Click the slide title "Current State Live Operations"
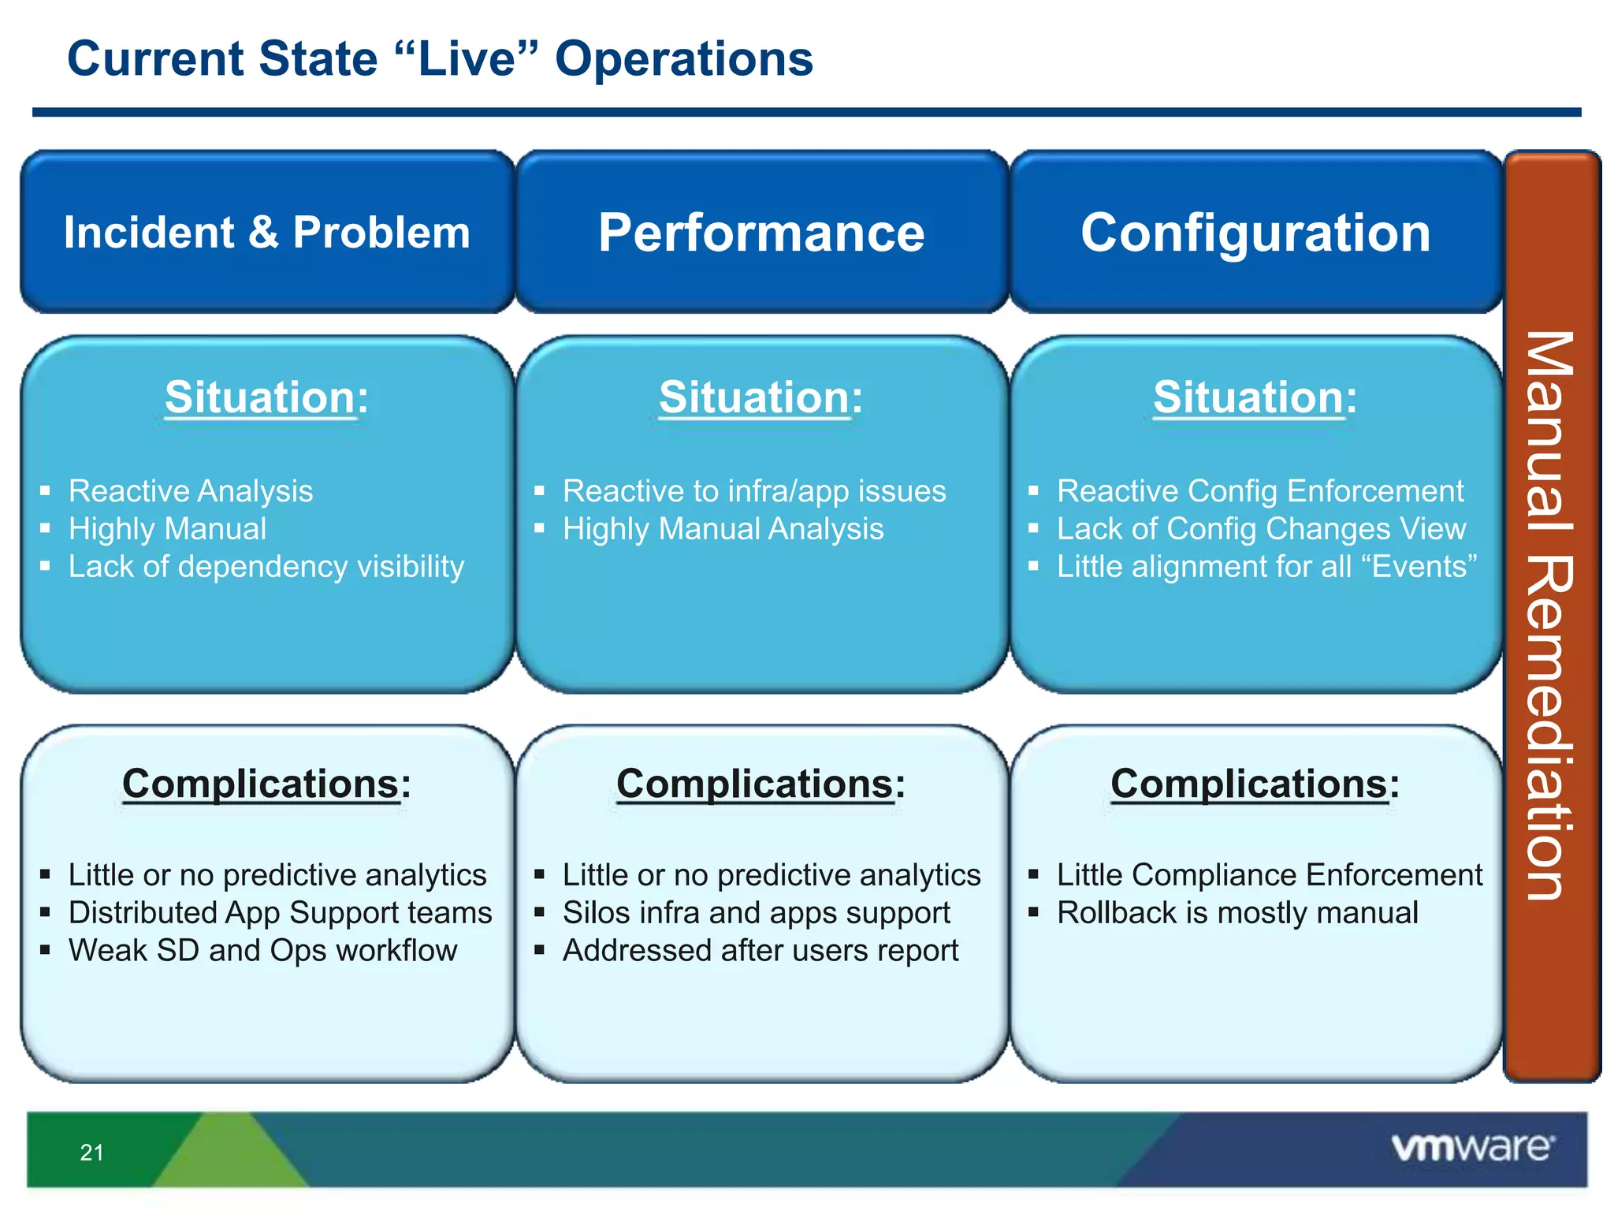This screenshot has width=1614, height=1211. (x=440, y=59)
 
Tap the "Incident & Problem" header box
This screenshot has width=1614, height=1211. (x=267, y=233)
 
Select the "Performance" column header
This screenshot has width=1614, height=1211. (x=761, y=233)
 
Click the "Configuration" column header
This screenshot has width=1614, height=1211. (x=1255, y=233)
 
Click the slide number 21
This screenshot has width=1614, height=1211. (x=91, y=1153)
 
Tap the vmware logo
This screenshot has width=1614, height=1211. (x=1472, y=1147)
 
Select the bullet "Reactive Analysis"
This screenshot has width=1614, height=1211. (x=191, y=491)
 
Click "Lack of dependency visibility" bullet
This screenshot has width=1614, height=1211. (x=266, y=567)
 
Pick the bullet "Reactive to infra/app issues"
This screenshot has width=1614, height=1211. (x=754, y=491)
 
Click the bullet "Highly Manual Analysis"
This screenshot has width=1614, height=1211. (x=723, y=529)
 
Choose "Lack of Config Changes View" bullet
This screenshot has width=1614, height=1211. (x=1261, y=529)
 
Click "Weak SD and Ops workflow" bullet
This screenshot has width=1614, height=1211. (x=262, y=951)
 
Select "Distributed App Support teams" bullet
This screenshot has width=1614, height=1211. (x=280, y=913)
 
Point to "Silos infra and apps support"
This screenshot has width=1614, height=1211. (x=756, y=913)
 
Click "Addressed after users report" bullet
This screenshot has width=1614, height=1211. (x=761, y=951)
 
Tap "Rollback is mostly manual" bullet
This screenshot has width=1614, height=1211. (x=1237, y=913)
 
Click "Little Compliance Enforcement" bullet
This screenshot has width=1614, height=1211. (x=1269, y=875)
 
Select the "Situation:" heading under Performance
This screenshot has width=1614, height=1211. (x=761, y=397)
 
